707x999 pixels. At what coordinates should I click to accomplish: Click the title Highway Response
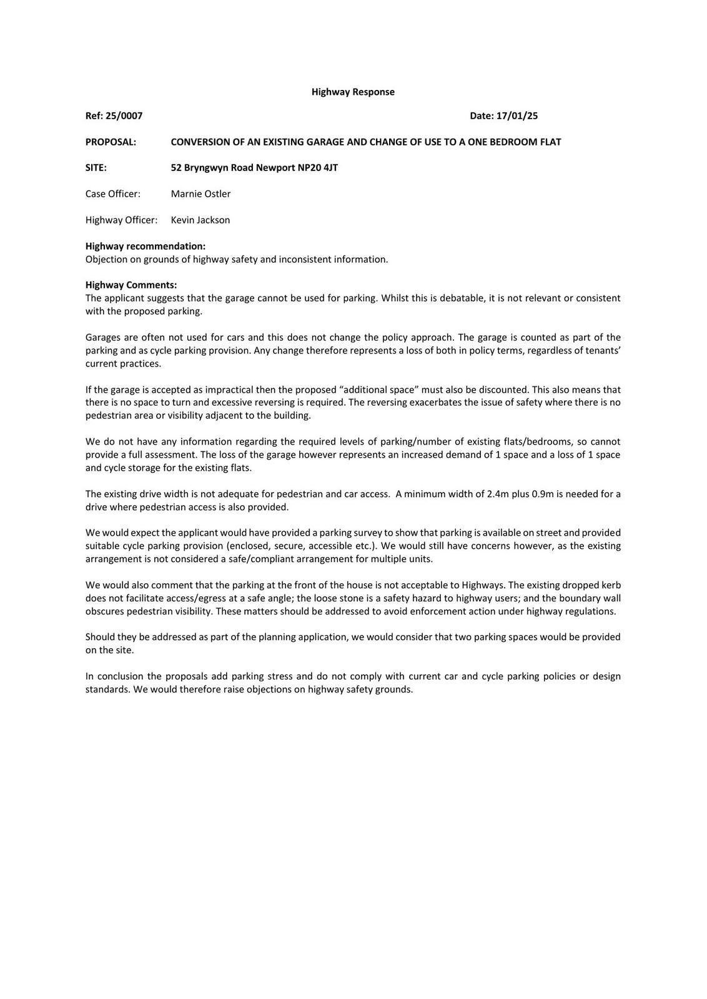click(353, 92)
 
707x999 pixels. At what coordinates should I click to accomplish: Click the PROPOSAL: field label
click(111, 142)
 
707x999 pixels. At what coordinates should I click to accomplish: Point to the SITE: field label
click(96, 167)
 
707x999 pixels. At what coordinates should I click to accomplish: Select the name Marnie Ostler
click(200, 194)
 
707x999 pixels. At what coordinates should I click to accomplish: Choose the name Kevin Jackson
click(200, 220)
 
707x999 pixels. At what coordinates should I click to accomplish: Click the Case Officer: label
click(113, 194)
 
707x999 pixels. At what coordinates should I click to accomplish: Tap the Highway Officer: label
click(121, 220)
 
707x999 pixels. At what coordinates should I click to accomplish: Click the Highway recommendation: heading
click(146, 246)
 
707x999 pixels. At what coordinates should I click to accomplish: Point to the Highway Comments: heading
click(131, 285)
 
